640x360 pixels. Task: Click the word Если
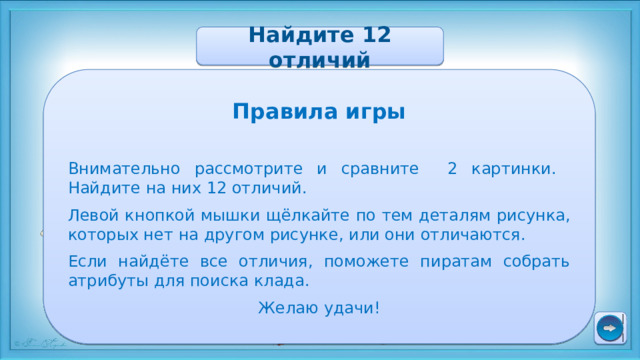tap(89, 261)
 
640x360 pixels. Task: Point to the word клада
tap(288, 282)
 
